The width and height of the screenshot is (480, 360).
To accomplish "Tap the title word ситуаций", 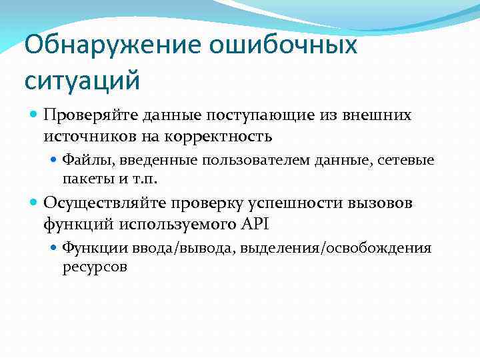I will click(82, 81).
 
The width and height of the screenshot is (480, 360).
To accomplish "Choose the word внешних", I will click(379, 115).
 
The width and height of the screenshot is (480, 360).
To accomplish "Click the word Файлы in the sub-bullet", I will click(83, 160).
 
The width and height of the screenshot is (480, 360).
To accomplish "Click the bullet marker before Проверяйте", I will click(35, 116).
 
